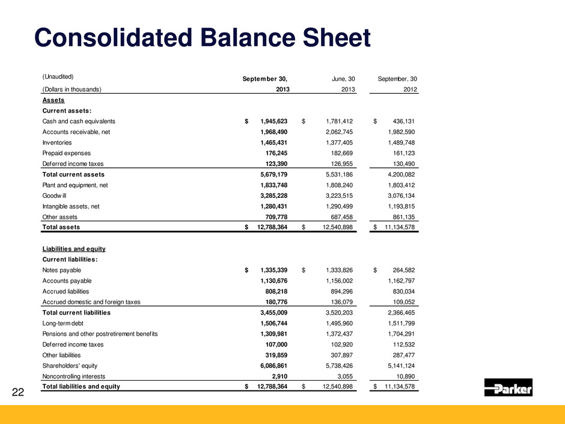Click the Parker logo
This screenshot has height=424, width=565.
tap(508, 388)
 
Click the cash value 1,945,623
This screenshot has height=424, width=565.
tap(269, 121)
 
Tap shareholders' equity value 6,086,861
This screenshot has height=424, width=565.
tap(269, 366)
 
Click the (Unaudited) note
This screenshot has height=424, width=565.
tap(58, 77)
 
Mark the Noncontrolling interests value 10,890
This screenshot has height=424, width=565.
tap(403, 377)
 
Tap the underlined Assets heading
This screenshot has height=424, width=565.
tap(53, 100)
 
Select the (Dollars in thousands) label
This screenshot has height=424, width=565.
tap(72, 90)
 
